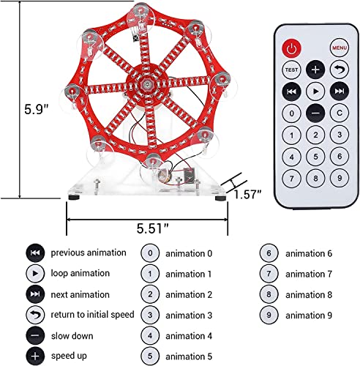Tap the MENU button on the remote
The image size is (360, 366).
coord(340,48)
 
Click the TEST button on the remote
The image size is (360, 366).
coord(291,70)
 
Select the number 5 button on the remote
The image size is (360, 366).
coord(315,157)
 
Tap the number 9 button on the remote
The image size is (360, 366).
coord(340,178)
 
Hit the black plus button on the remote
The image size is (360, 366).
coord(315,70)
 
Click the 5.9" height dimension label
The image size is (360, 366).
coord(37,109)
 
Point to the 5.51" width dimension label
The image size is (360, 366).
coord(152,228)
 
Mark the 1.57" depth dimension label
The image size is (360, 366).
coord(247,195)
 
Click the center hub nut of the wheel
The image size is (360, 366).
coord(147,85)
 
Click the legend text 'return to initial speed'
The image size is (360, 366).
coord(92,315)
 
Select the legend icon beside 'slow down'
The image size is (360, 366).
coord(35,335)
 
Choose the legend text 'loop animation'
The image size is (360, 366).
coord(80,273)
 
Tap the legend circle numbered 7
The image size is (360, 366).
coord(269,274)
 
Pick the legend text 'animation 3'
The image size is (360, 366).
coord(189,315)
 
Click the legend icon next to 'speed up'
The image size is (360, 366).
coord(35,356)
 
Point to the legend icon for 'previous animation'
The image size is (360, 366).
coord(35,253)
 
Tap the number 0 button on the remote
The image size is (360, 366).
coord(291,113)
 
